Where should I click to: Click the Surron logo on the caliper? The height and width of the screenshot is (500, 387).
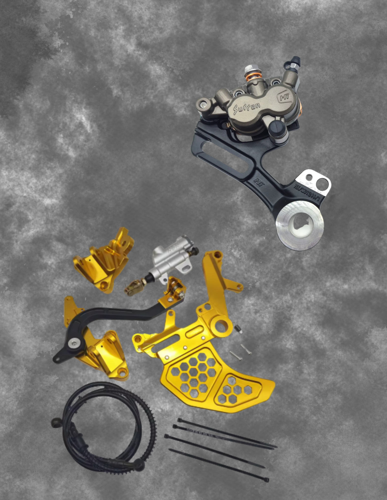[247, 108]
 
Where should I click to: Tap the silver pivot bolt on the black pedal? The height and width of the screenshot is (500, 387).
[73, 344]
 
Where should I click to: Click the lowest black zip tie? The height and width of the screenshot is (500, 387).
[218, 465]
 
